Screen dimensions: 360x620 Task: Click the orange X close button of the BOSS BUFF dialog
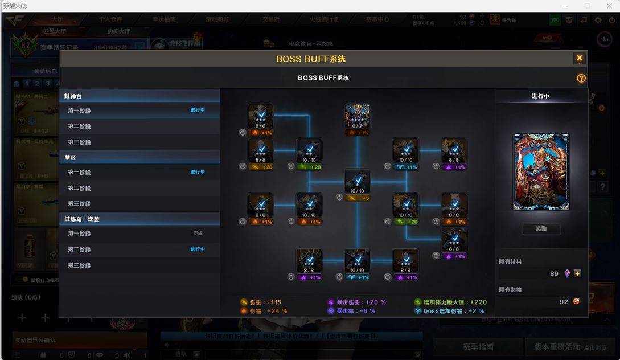click(579, 58)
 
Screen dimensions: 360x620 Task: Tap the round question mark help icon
click(581, 78)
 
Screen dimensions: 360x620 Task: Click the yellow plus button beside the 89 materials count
click(577, 273)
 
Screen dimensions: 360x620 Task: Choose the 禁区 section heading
click(70, 157)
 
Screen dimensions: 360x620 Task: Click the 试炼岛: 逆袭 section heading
click(82, 219)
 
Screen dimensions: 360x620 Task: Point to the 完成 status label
click(198, 234)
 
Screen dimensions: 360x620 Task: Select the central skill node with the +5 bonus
click(357, 182)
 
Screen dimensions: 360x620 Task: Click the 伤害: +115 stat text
click(265, 302)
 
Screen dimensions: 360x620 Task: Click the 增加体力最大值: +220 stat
click(450, 302)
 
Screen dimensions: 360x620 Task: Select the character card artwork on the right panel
click(540, 172)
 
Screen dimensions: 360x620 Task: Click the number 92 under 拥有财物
click(564, 302)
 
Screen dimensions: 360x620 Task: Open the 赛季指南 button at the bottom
click(478, 346)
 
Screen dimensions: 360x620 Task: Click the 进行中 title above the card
click(540, 96)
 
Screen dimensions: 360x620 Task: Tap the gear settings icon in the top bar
click(597, 20)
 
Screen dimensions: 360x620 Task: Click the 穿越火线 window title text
click(15, 5)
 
